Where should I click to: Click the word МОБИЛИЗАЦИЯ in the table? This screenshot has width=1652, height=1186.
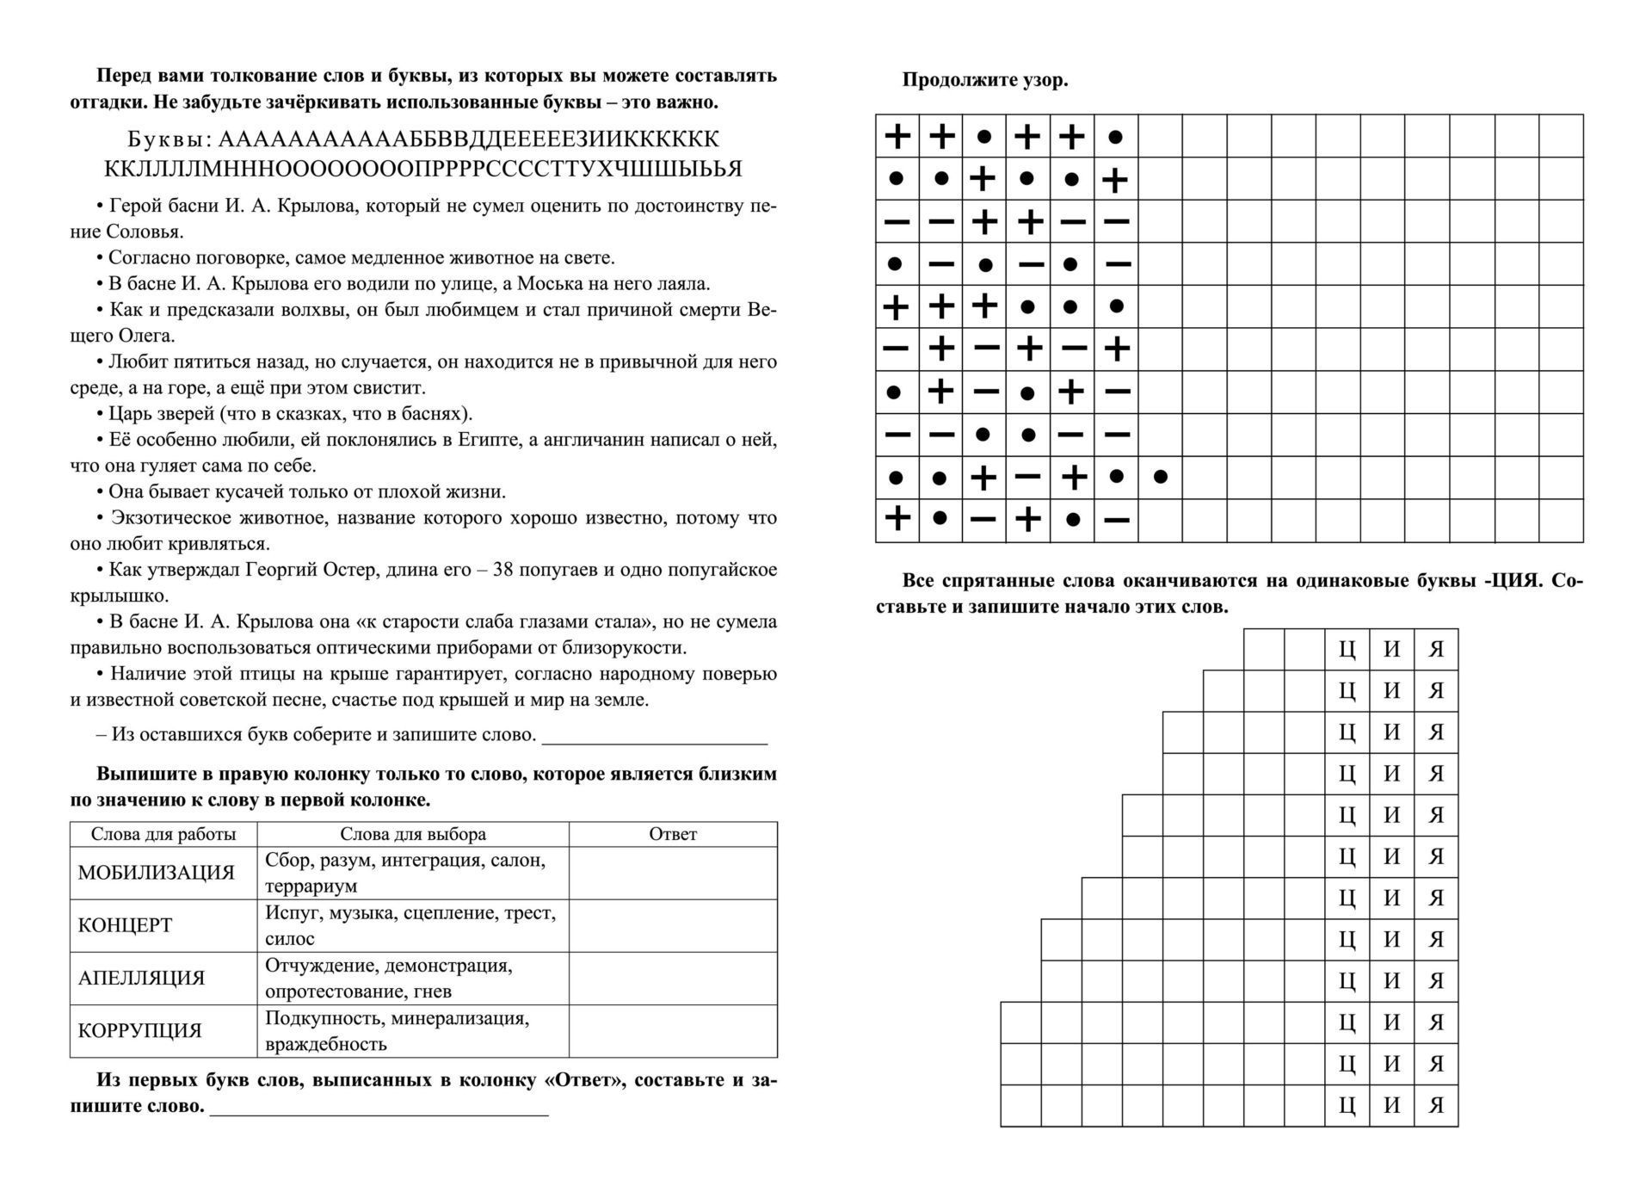point(156,873)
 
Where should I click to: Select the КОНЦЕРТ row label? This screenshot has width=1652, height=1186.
point(125,925)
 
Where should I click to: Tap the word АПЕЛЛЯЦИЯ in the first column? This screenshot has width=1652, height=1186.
point(141,978)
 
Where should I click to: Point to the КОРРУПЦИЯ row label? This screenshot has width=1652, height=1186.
point(139,1030)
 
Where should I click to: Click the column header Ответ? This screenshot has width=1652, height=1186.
point(672,834)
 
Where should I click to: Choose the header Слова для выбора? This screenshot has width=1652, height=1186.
point(413,834)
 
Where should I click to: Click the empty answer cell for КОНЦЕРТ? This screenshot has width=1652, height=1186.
point(672,925)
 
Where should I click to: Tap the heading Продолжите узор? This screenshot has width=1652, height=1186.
point(984,80)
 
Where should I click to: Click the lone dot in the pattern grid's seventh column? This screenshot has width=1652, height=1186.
point(1160,476)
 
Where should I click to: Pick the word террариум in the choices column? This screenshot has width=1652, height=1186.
point(311,886)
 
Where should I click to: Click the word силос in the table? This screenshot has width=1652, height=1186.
point(290,938)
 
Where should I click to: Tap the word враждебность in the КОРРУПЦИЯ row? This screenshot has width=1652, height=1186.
point(326,1044)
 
